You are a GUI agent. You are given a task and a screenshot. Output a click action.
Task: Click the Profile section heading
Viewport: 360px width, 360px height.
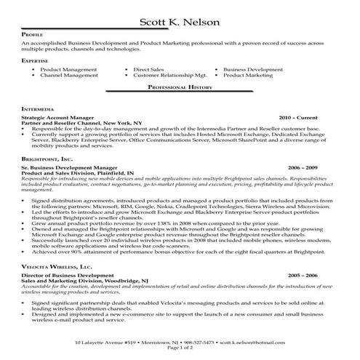[33, 34]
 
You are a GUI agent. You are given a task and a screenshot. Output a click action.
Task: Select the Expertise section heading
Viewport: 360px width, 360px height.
[36, 60]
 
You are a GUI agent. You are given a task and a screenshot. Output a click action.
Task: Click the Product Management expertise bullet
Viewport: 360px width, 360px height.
[68, 69]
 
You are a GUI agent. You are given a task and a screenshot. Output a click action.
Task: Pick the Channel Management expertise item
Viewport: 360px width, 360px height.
[68, 75]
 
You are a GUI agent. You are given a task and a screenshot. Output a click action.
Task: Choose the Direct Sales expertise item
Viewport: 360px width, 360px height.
[149, 69]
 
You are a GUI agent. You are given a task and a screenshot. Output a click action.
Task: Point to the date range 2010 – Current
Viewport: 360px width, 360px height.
[297, 116]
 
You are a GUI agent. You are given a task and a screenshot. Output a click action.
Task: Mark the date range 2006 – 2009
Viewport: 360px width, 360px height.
[302, 166]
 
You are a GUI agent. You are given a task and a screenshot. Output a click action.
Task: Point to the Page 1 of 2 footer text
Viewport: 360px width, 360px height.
[180, 348]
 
